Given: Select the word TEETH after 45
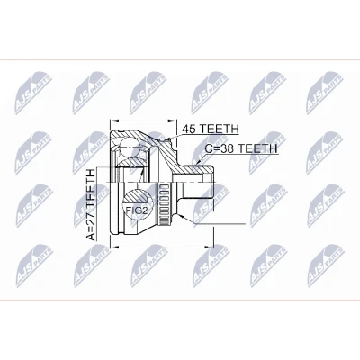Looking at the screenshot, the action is [x=220, y=129].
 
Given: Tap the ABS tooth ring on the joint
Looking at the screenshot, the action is [x=164, y=205].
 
